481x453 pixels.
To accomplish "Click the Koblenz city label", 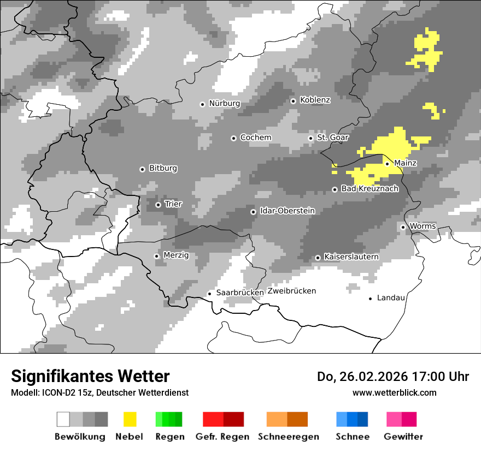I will click(x=315, y=100).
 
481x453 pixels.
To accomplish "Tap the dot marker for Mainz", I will click(x=387, y=164).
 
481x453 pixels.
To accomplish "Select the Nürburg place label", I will click(x=224, y=104).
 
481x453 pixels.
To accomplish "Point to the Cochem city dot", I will click(x=233, y=138).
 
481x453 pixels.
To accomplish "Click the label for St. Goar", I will click(x=332, y=138).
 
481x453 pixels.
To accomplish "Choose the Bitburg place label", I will click(x=163, y=169).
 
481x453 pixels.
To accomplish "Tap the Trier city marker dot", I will click(x=158, y=205).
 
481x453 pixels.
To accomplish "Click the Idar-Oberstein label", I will click(x=288, y=211).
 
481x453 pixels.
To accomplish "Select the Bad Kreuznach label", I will click(x=369, y=189).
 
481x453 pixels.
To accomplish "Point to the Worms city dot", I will click(x=403, y=227).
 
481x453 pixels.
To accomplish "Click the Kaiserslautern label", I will click(x=351, y=257).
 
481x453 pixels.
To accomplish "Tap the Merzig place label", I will click(x=176, y=255).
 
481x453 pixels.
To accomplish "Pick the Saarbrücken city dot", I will click(x=209, y=294).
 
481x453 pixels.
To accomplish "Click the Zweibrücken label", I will click(x=292, y=291).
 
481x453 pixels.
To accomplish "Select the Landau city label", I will click(x=391, y=298).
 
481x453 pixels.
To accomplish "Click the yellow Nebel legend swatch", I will click(x=130, y=419).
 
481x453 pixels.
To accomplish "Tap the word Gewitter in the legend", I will click(x=403, y=437).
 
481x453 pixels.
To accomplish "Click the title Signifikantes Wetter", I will click(x=90, y=376).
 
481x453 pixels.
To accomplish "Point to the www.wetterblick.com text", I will click(x=394, y=392).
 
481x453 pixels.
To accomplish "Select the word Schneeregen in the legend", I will click(x=289, y=437).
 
